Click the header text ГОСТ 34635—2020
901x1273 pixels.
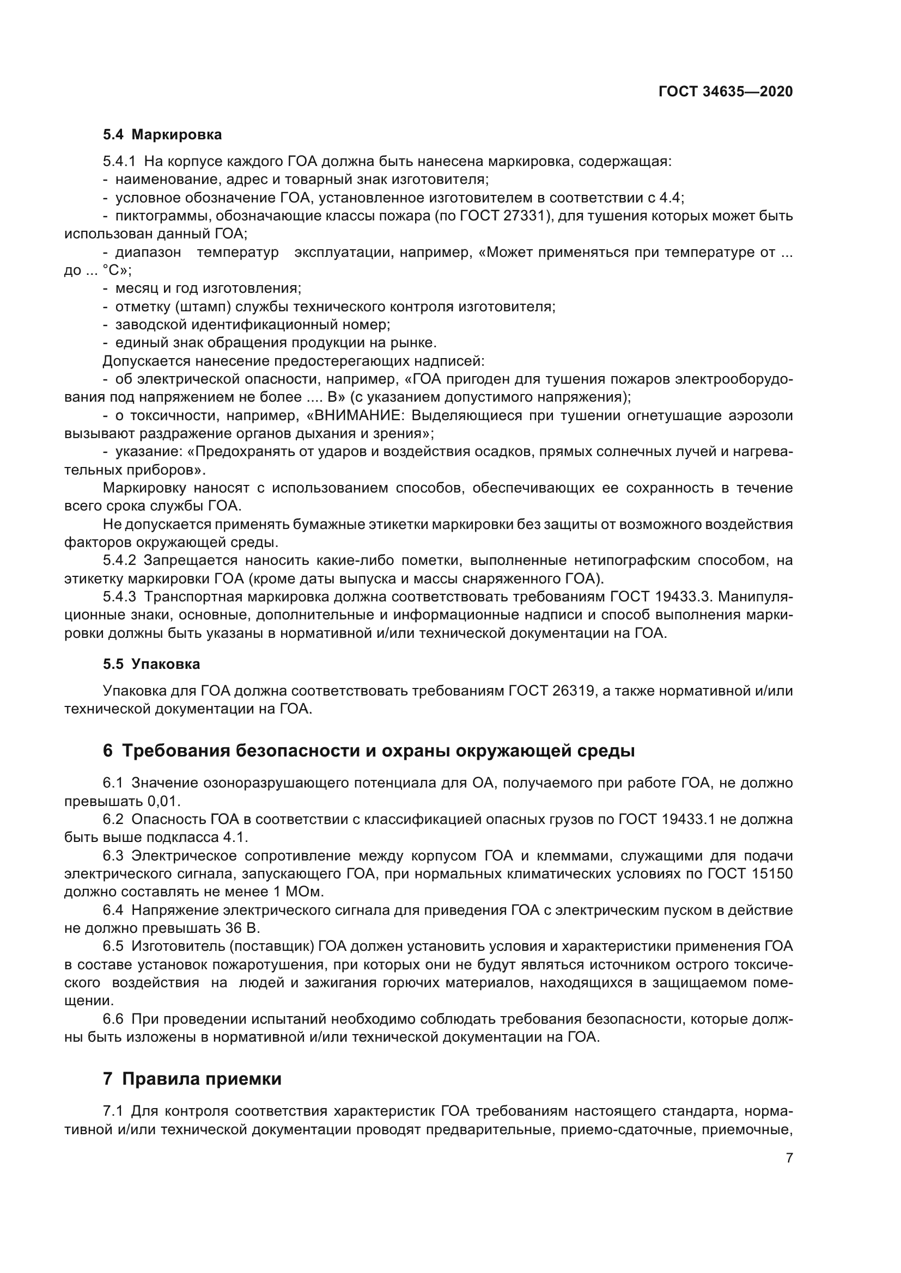725,92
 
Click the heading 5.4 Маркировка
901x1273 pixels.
162,135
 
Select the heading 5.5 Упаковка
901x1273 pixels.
151,664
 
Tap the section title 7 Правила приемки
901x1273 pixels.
192,1079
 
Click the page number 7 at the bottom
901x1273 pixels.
789,1158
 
